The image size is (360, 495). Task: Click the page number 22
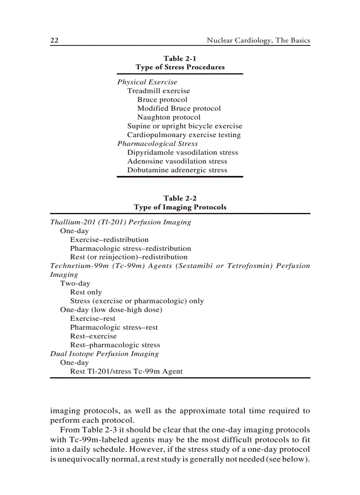pyautogui.click(x=55, y=41)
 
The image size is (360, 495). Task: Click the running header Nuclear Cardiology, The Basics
pyautogui.click(x=258, y=41)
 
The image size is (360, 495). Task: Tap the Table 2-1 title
pyautogui.click(x=180, y=59)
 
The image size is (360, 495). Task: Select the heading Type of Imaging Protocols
pyautogui.click(x=180, y=207)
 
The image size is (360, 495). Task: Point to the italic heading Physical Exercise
pyautogui.click(x=147, y=82)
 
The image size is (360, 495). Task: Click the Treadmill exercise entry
pyautogui.click(x=158, y=91)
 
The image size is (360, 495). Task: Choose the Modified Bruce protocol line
pyautogui.click(x=179, y=108)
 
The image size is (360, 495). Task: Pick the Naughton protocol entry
pyautogui.click(x=169, y=117)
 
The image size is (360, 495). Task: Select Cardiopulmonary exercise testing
pyautogui.click(x=184, y=135)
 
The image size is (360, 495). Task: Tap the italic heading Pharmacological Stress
pyautogui.click(x=157, y=144)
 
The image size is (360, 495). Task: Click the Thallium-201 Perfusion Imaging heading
pyautogui.click(x=120, y=222)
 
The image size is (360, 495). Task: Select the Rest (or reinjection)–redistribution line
pyautogui.click(x=128, y=257)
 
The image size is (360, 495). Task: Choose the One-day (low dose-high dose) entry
pyautogui.click(x=111, y=310)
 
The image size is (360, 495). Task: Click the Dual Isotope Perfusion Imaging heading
pyautogui.click(x=104, y=354)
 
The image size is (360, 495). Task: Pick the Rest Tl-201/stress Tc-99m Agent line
pyautogui.click(x=126, y=372)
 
